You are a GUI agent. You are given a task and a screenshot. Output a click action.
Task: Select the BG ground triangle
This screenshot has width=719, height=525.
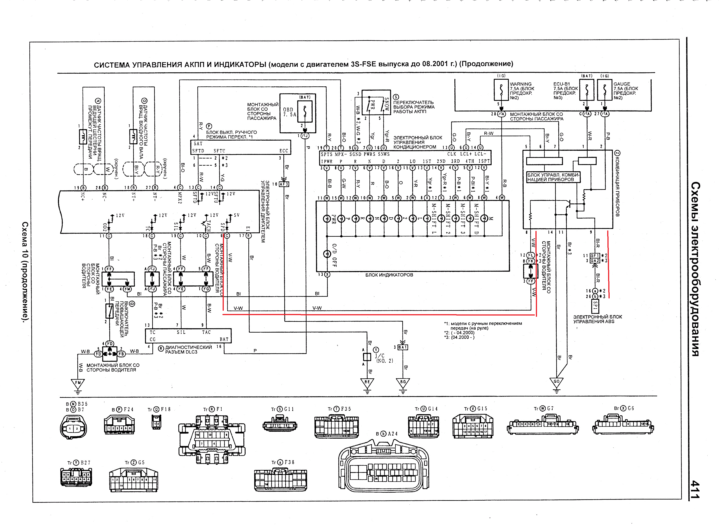click(403, 382)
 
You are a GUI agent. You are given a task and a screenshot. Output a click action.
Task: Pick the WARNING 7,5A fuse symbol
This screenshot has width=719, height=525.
click(501, 89)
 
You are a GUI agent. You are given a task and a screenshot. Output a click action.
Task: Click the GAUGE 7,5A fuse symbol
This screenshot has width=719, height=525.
click(604, 89)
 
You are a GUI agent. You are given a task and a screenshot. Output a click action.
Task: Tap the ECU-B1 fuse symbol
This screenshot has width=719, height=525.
click(587, 89)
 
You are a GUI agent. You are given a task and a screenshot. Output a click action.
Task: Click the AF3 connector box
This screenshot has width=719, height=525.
click(284, 184)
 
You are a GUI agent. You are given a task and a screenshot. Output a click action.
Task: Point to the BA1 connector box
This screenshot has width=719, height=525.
click(403, 347)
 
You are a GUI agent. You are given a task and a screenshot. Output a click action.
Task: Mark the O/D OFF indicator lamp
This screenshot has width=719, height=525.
click(327, 254)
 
